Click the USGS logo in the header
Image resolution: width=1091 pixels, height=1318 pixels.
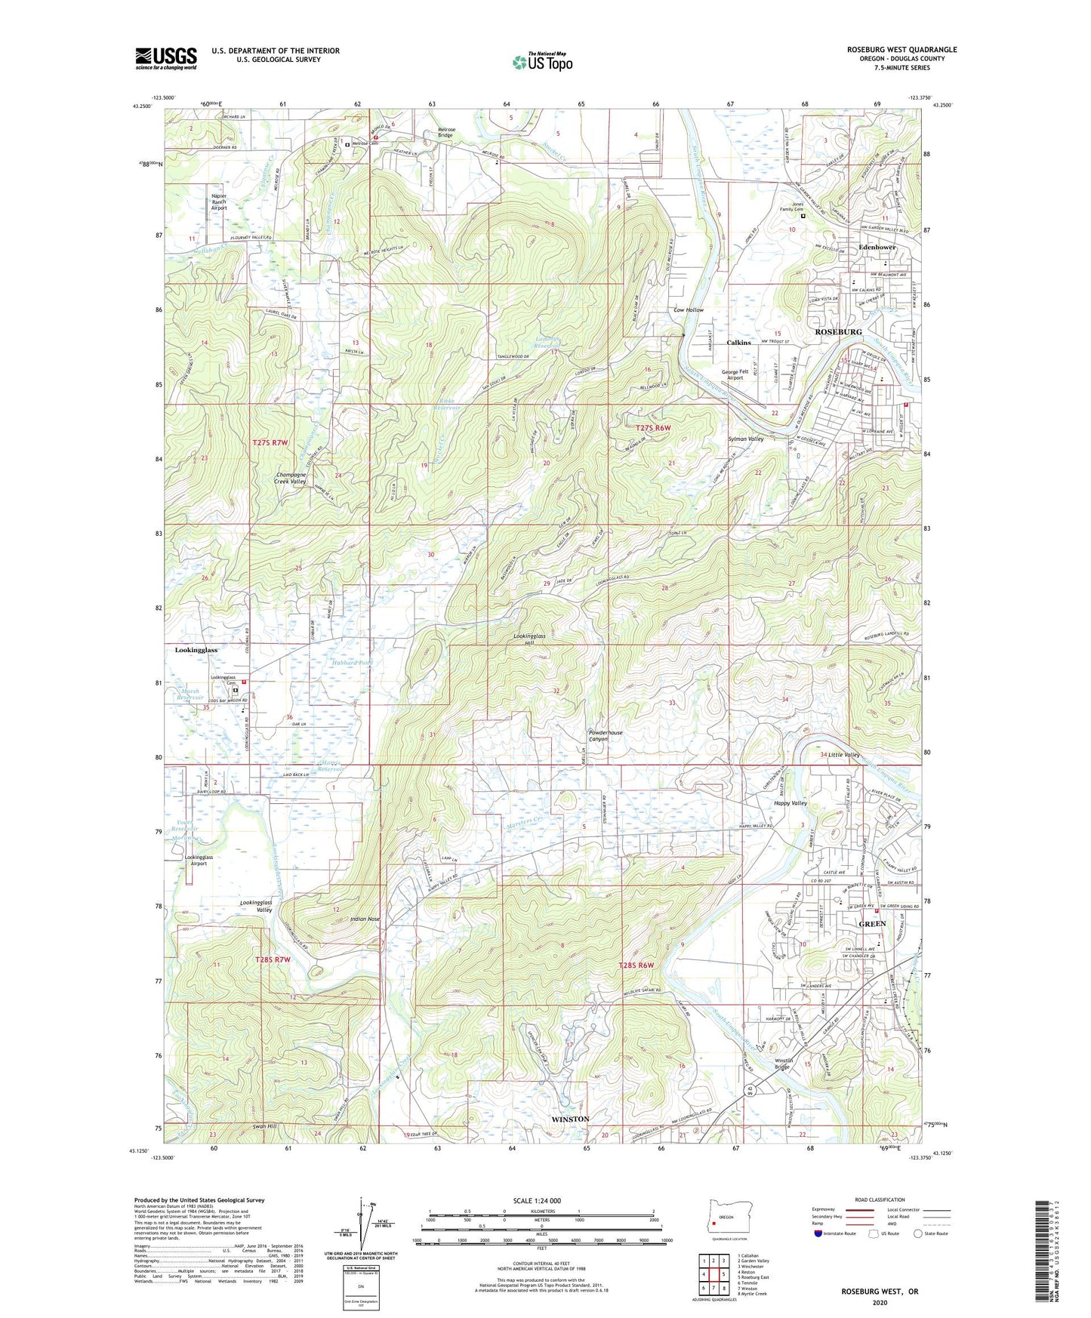point(165,57)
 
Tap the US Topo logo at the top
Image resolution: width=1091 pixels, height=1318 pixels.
point(541,62)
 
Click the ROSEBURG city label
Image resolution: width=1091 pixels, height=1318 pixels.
point(837,331)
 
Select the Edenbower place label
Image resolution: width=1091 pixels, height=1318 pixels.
point(876,247)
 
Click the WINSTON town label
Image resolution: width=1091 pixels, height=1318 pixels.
point(570,1118)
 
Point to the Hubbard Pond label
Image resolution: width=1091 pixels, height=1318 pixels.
point(353,662)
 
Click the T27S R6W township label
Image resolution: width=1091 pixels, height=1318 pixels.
point(653,427)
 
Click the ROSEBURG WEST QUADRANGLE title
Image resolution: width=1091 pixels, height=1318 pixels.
point(901,50)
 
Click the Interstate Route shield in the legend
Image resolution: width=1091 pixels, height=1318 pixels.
point(818,1233)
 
